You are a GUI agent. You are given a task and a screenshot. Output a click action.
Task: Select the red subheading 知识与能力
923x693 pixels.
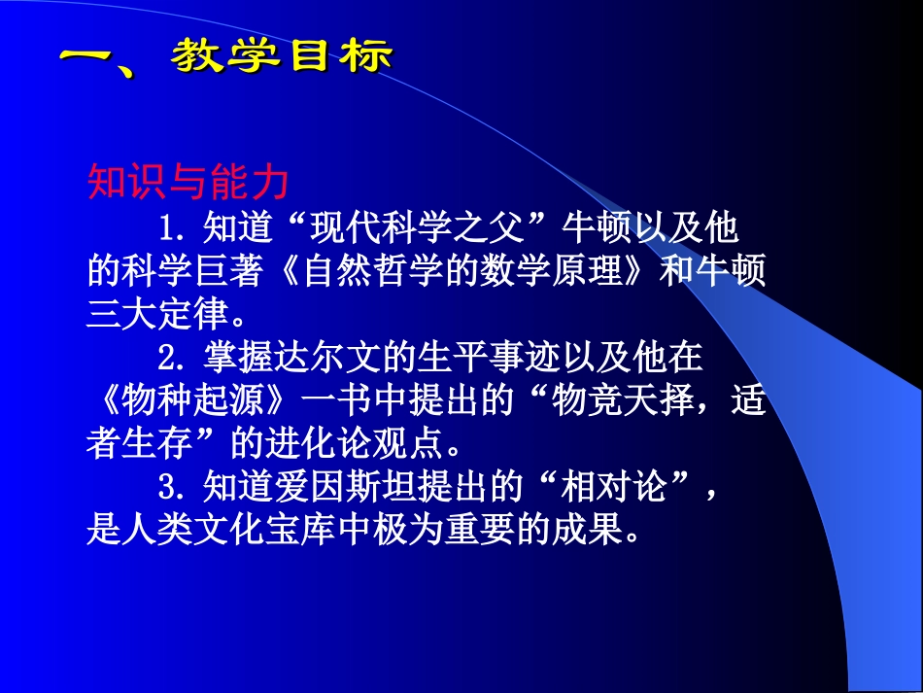(188, 180)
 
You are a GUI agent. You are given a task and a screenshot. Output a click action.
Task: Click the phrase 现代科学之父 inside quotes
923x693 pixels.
(422, 229)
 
